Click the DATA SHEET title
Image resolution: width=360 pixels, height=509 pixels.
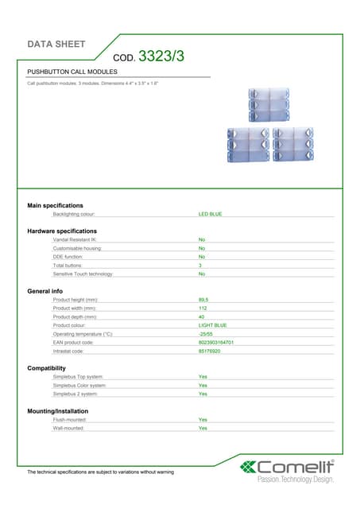(56, 44)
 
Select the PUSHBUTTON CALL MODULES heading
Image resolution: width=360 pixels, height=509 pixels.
(72, 72)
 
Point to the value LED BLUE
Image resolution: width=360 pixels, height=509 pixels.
(210, 214)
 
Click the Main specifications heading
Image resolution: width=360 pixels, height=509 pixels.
(56, 205)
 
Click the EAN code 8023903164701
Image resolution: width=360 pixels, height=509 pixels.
(215, 342)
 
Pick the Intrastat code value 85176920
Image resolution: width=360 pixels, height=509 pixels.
(209, 351)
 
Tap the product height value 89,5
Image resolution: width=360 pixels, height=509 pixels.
(203, 300)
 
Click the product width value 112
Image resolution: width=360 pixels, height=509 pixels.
(203, 308)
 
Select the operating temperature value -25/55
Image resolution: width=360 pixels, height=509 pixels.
(205, 333)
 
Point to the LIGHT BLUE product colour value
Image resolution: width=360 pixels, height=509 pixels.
(212, 325)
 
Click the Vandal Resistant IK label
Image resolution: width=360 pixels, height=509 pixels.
(75, 239)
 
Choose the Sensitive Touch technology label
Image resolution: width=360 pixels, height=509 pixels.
(83, 274)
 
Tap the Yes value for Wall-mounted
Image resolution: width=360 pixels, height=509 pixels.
(203, 428)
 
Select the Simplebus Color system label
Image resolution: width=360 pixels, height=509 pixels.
(79, 385)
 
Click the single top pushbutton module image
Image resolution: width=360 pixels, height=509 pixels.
(269, 104)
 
